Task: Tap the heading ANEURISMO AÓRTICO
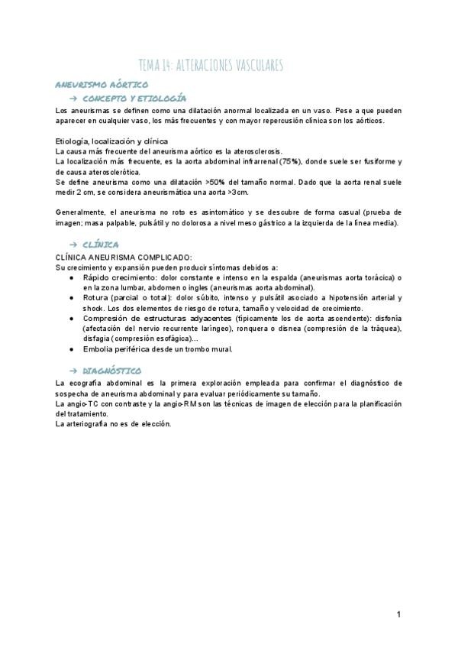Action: click(x=102, y=85)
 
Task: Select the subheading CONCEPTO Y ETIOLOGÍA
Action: click(x=134, y=99)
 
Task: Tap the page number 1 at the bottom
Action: click(x=398, y=614)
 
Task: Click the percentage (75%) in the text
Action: click(x=290, y=162)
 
